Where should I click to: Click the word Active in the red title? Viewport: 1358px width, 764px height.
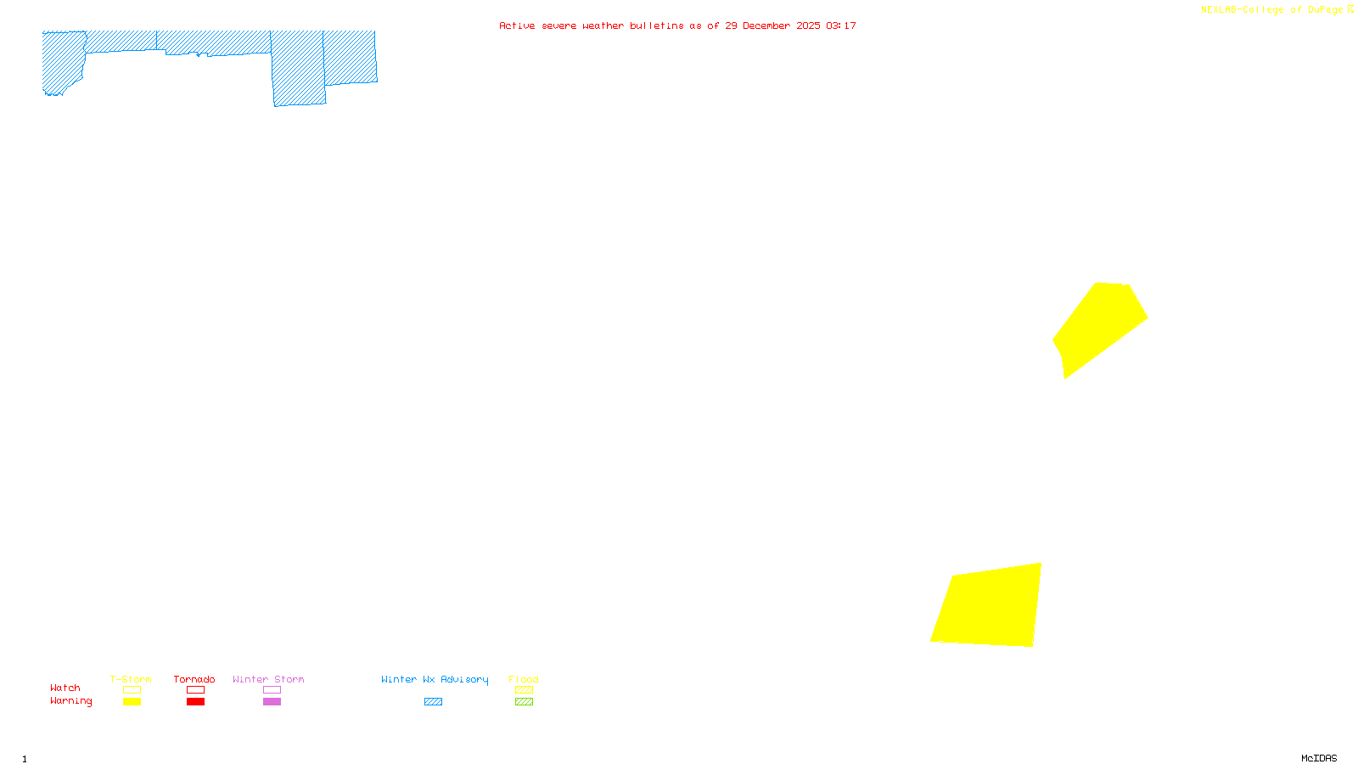pyautogui.click(x=517, y=25)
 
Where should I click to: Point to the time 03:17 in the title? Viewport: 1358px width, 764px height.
pyautogui.click(x=840, y=25)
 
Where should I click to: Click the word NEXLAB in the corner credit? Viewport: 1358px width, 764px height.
pyautogui.click(x=1218, y=10)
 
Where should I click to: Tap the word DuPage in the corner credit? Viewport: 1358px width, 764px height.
pyautogui.click(x=1325, y=10)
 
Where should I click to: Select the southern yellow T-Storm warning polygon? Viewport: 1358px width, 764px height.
pyautogui.click(x=990, y=606)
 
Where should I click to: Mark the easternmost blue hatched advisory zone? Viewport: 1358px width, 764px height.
pyautogui.click(x=350, y=57)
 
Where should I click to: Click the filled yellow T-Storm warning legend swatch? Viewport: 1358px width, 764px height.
pyautogui.click(x=132, y=702)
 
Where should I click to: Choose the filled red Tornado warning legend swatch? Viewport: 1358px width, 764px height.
pyautogui.click(x=195, y=702)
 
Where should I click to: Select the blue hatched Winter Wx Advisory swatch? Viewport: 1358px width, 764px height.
pyautogui.click(x=433, y=702)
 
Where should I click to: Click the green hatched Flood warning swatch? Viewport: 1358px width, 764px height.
pyautogui.click(x=524, y=702)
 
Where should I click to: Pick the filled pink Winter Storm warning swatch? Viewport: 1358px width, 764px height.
pyautogui.click(x=272, y=702)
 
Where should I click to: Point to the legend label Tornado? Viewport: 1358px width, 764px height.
pyautogui.click(x=194, y=679)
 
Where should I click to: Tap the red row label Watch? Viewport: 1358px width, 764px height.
pyautogui.click(x=65, y=688)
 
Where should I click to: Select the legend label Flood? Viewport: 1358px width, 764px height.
pyautogui.click(x=524, y=679)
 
